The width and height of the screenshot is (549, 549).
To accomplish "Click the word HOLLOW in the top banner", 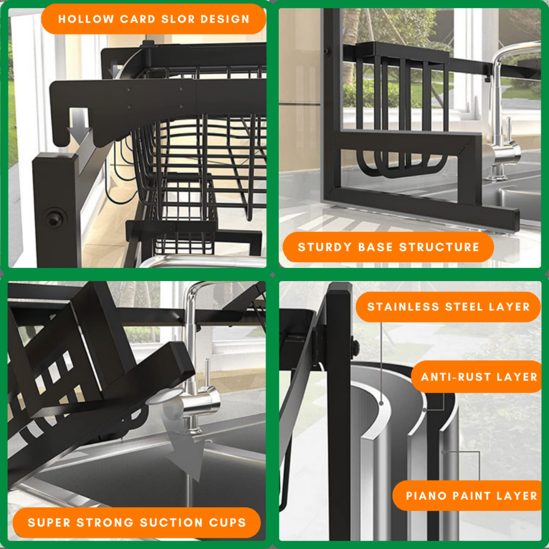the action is [86, 19].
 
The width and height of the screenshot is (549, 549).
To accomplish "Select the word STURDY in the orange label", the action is [325, 247].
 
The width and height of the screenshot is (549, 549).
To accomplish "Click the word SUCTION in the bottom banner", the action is [171, 522].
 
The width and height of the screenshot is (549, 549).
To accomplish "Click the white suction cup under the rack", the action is [163, 396].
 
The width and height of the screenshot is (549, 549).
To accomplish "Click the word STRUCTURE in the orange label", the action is [439, 247].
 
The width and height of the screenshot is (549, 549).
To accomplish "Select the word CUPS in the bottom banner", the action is [228, 522].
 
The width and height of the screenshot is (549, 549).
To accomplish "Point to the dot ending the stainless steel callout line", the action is [381, 403].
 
